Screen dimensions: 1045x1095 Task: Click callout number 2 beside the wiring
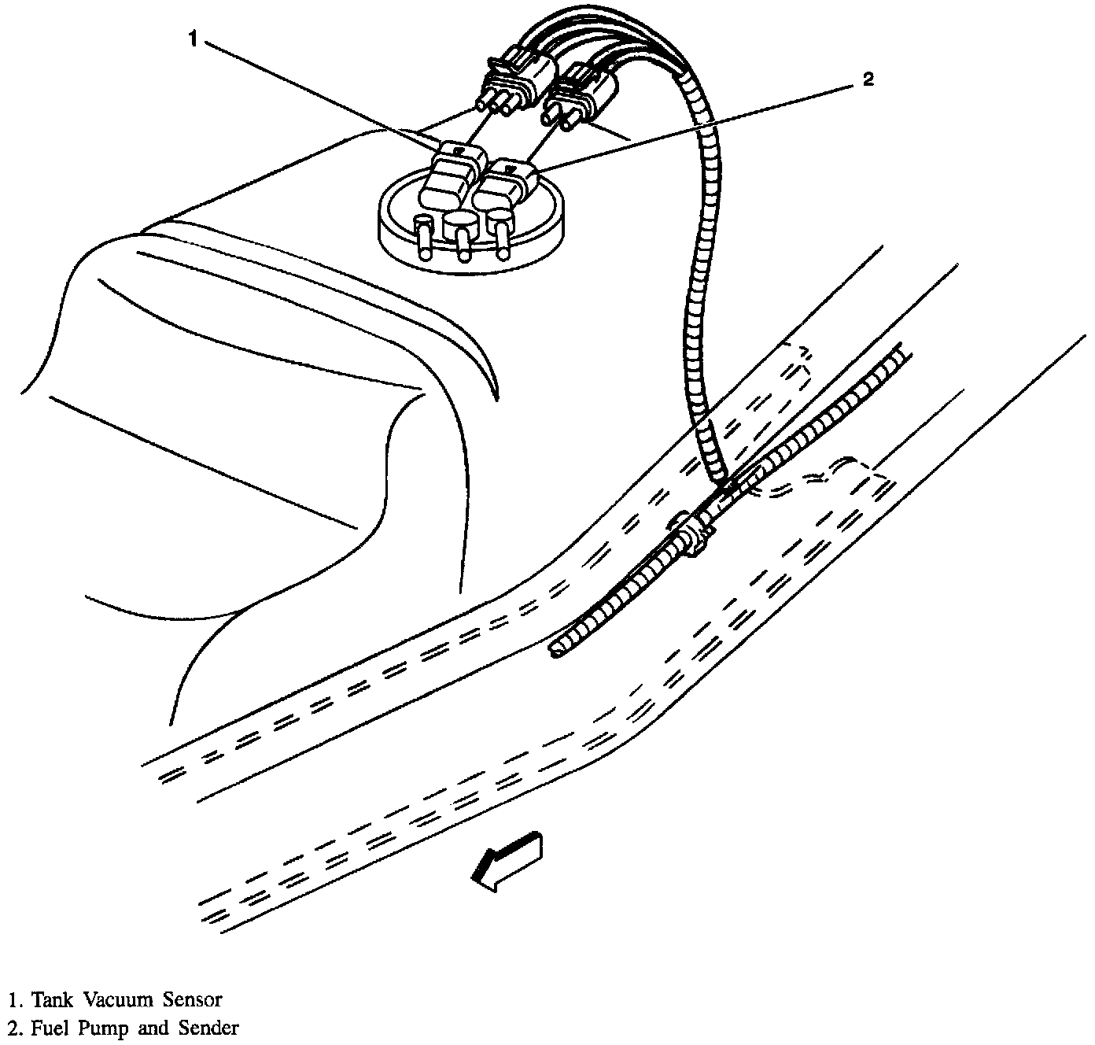point(868,79)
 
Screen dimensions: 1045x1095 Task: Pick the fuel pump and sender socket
point(506,183)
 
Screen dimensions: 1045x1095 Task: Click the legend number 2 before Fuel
point(13,1028)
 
